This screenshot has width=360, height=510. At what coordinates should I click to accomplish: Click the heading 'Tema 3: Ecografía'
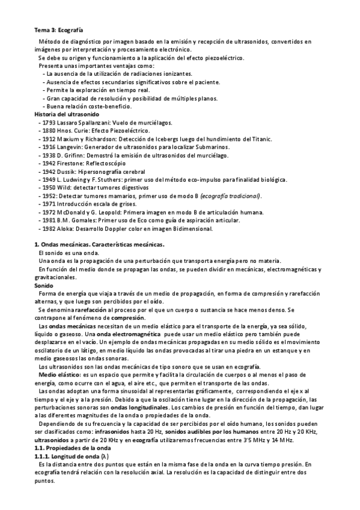point(57,29)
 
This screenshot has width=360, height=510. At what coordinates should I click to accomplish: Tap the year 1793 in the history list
point(49,122)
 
